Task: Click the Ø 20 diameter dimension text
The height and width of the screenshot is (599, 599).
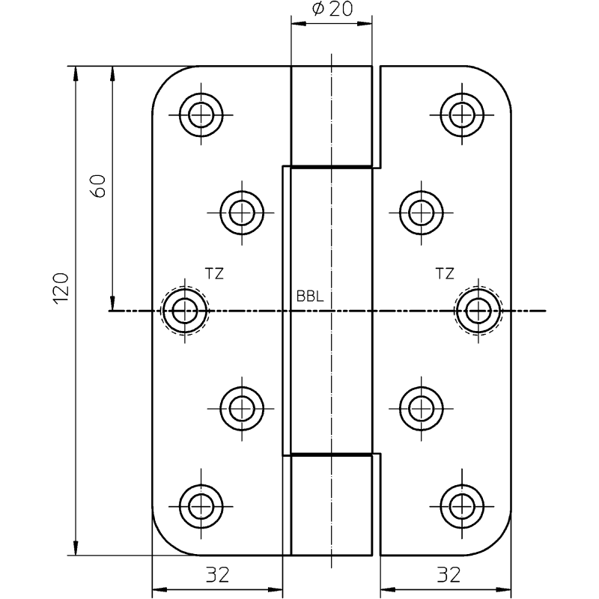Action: coord(331,10)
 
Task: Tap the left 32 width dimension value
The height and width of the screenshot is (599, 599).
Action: coord(217,575)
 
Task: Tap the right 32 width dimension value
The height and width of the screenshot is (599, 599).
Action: coord(448,575)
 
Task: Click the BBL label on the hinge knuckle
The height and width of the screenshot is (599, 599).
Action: coord(309,297)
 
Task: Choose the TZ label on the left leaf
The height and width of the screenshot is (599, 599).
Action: coord(214,274)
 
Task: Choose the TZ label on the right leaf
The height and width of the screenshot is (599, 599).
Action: coord(444,274)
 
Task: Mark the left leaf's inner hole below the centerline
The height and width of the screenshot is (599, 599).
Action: coord(241,408)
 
